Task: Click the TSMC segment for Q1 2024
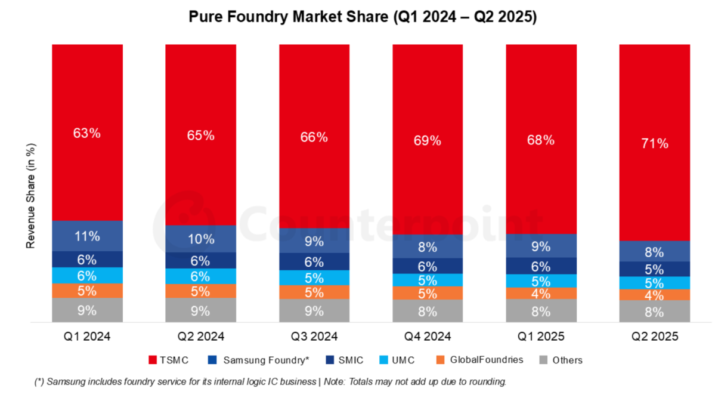pyautogui.click(x=87, y=132)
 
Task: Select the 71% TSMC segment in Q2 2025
pyautogui.click(x=655, y=143)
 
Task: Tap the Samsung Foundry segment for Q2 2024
pyautogui.click(x=200, y=239)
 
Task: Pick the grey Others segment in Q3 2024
pyautogui.click(x=314, y=311)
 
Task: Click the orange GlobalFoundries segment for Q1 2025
pyautogui.click(x=541, y=294)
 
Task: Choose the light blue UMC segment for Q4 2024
pyautogui.click(x=428, y=280)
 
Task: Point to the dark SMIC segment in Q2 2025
pyautogui.click(x=655, y=269)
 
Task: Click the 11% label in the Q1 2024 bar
pyautogui.click(x=87, y=236)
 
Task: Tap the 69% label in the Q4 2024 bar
pyautogui.click(x=428, y=141)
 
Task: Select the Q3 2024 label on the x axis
pyautogui.click(x=314, y=337)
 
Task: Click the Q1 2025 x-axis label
pyautogui.click(x=541, y=337)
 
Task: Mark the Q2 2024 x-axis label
pyautogui.click(x=200, y=337)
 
